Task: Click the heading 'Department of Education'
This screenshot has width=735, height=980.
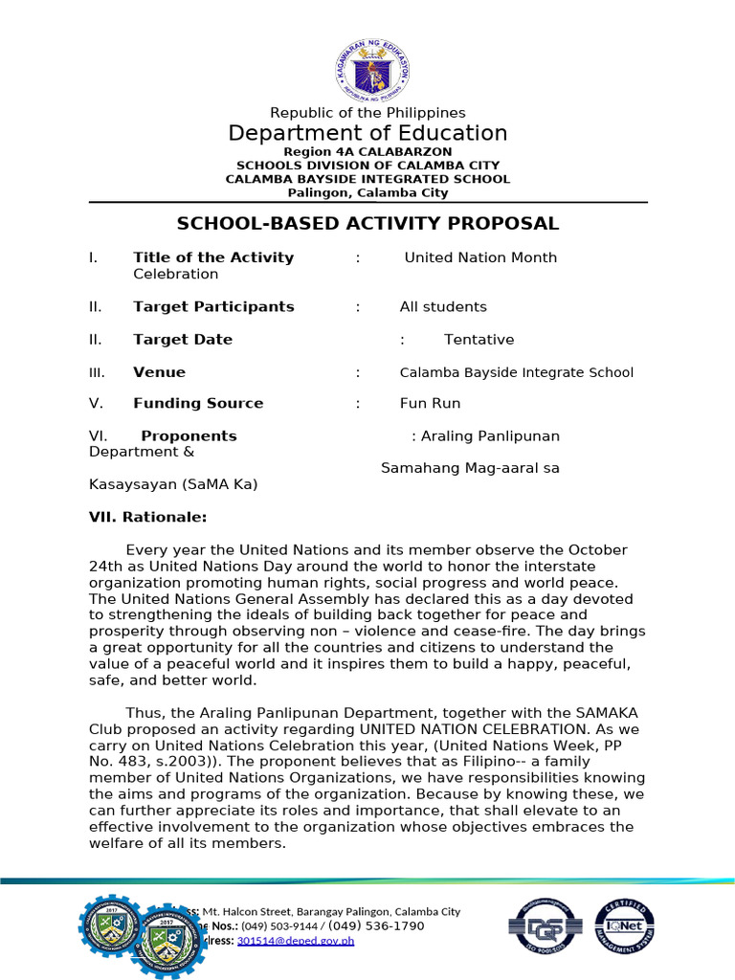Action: point(367,133)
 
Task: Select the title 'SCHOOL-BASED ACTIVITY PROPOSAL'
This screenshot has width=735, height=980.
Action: point(367,224)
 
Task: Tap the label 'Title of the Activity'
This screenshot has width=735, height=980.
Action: point(213,257)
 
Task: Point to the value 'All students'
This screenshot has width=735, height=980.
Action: point(443,307)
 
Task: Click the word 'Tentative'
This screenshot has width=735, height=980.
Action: point(479,340)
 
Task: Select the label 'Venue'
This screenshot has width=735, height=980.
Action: point(159,372)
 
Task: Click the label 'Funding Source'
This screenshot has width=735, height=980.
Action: point(198,404)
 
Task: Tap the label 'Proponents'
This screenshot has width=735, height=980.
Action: point(189,436)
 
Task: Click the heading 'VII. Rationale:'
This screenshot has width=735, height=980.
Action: point(147,517)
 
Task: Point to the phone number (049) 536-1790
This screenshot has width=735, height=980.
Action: point(377,926)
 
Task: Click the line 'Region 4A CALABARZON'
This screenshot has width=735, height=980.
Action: point(367,152)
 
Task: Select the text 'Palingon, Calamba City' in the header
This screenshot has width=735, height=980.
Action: point(367,192)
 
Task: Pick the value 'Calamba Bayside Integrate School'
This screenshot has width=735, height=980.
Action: point(516,372)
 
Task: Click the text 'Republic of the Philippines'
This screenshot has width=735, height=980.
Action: point(367,113)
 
